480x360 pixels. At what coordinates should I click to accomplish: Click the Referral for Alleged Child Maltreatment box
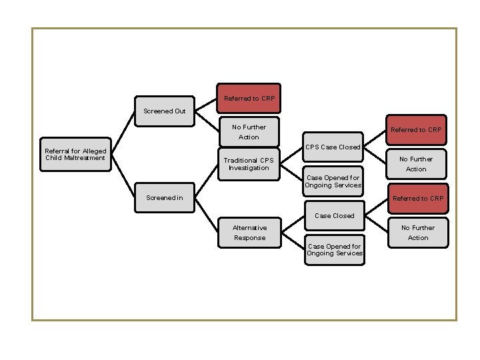(x=75, y=155)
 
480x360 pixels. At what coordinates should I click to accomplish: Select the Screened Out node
(x=165, y=111)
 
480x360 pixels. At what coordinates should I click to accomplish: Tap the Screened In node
(x=165, y=198)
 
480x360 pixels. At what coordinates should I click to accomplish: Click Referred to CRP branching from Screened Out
(x=249, y=99)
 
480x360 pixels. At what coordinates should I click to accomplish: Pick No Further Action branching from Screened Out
(x=249, y=132)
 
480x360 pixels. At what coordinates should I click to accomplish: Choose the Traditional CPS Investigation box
(x=248, y=164)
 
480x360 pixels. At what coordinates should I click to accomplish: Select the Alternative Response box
(x=249, y=233)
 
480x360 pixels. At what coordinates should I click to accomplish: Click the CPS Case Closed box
(x=333, y=147)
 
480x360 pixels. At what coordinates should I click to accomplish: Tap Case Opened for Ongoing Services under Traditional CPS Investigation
(x=333, y=181)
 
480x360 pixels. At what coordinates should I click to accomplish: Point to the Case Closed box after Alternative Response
(x=334, y=215)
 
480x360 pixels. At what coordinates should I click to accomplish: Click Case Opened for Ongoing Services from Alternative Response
(x=335, y=250)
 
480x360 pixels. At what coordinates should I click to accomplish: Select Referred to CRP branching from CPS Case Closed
(x=416, y=130)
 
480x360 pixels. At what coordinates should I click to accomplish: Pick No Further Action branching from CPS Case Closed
(x=416, y=164)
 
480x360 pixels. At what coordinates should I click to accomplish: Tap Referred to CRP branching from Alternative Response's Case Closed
(x=417, y=199)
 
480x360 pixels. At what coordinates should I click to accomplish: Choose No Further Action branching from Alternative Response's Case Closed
(x=418, y=233)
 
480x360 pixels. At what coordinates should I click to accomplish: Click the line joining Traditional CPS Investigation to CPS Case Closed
(x=291, y=155)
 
